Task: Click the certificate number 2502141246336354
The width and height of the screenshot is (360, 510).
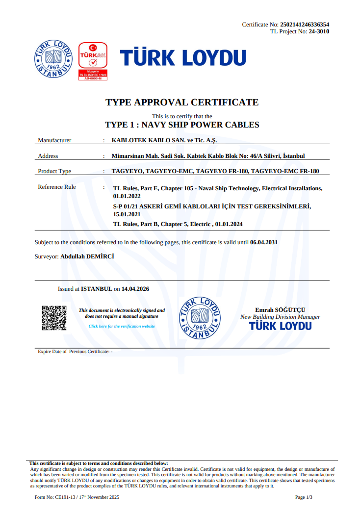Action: coord(304,24)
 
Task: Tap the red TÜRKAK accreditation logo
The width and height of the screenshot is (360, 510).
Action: coord(93,61)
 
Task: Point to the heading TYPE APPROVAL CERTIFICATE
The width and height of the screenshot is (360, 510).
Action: coord(182,102)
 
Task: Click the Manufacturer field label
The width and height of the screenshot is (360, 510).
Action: coord(54,140)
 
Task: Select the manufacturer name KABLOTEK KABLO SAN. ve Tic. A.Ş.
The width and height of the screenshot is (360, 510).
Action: coord(164,140)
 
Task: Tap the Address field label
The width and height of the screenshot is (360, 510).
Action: coord(48,156)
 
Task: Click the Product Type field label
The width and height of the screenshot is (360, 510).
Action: coord(54,171)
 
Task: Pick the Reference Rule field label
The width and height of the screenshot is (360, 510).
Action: coord(57,187)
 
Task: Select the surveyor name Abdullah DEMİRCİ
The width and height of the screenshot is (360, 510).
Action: coord(88,256)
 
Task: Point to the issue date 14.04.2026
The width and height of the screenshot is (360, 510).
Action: coord(135,289)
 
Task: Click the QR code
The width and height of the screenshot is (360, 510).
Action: coord(54,318)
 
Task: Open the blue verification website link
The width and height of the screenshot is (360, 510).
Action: coord(122,326)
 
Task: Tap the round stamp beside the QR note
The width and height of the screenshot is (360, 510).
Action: coord(200,318)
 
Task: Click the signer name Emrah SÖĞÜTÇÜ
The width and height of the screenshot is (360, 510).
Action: coord(280,310)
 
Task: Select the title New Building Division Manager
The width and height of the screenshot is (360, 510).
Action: coord(280,317)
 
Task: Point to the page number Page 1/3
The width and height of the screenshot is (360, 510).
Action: coord(304,497)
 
